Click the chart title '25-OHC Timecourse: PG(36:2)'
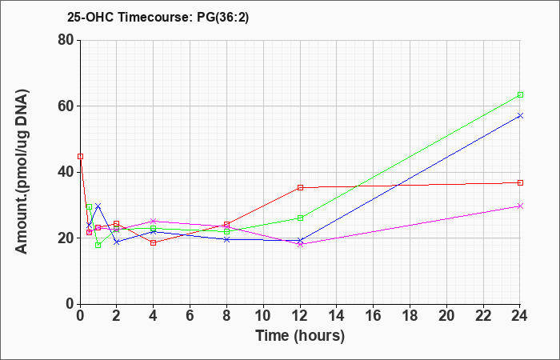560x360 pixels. pyautogui.click(x=158, y=17)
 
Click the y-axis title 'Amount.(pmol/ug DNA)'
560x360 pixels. pyautogui.click(x=22, y=172)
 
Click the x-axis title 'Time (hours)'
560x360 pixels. pyautogui.click(x=300, y=336)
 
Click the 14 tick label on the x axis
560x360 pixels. pyautogui.click(x=337, y=316)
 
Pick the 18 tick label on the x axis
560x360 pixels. pyautogui.click(x=410, y=316)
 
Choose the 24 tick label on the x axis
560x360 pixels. pyautogui.click(x=520, y=316)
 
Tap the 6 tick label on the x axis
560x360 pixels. pyautogui.click(x=190, y=316)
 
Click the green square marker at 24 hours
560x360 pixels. pyautogui.click(x=520, y=94)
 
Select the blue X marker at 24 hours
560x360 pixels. pyautogui.click(x=520, y=115)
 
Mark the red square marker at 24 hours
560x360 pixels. pyautogui.click(x=520, y=182)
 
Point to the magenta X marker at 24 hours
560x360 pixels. pyautogui.click(x=520, y=206)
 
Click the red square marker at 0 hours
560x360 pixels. pyautogui.click(x=80, y=156)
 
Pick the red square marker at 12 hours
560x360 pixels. pyautogui.click(x=300, y=187)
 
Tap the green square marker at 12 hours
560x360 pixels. pyautogui.click(x=300, y=218)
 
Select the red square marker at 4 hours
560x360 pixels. pyautogui.click(x=154, y=243)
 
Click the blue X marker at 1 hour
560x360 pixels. pyautogui.click(x=98, y=206)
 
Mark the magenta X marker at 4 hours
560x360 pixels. pyautogui.click(x=154, y=221)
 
